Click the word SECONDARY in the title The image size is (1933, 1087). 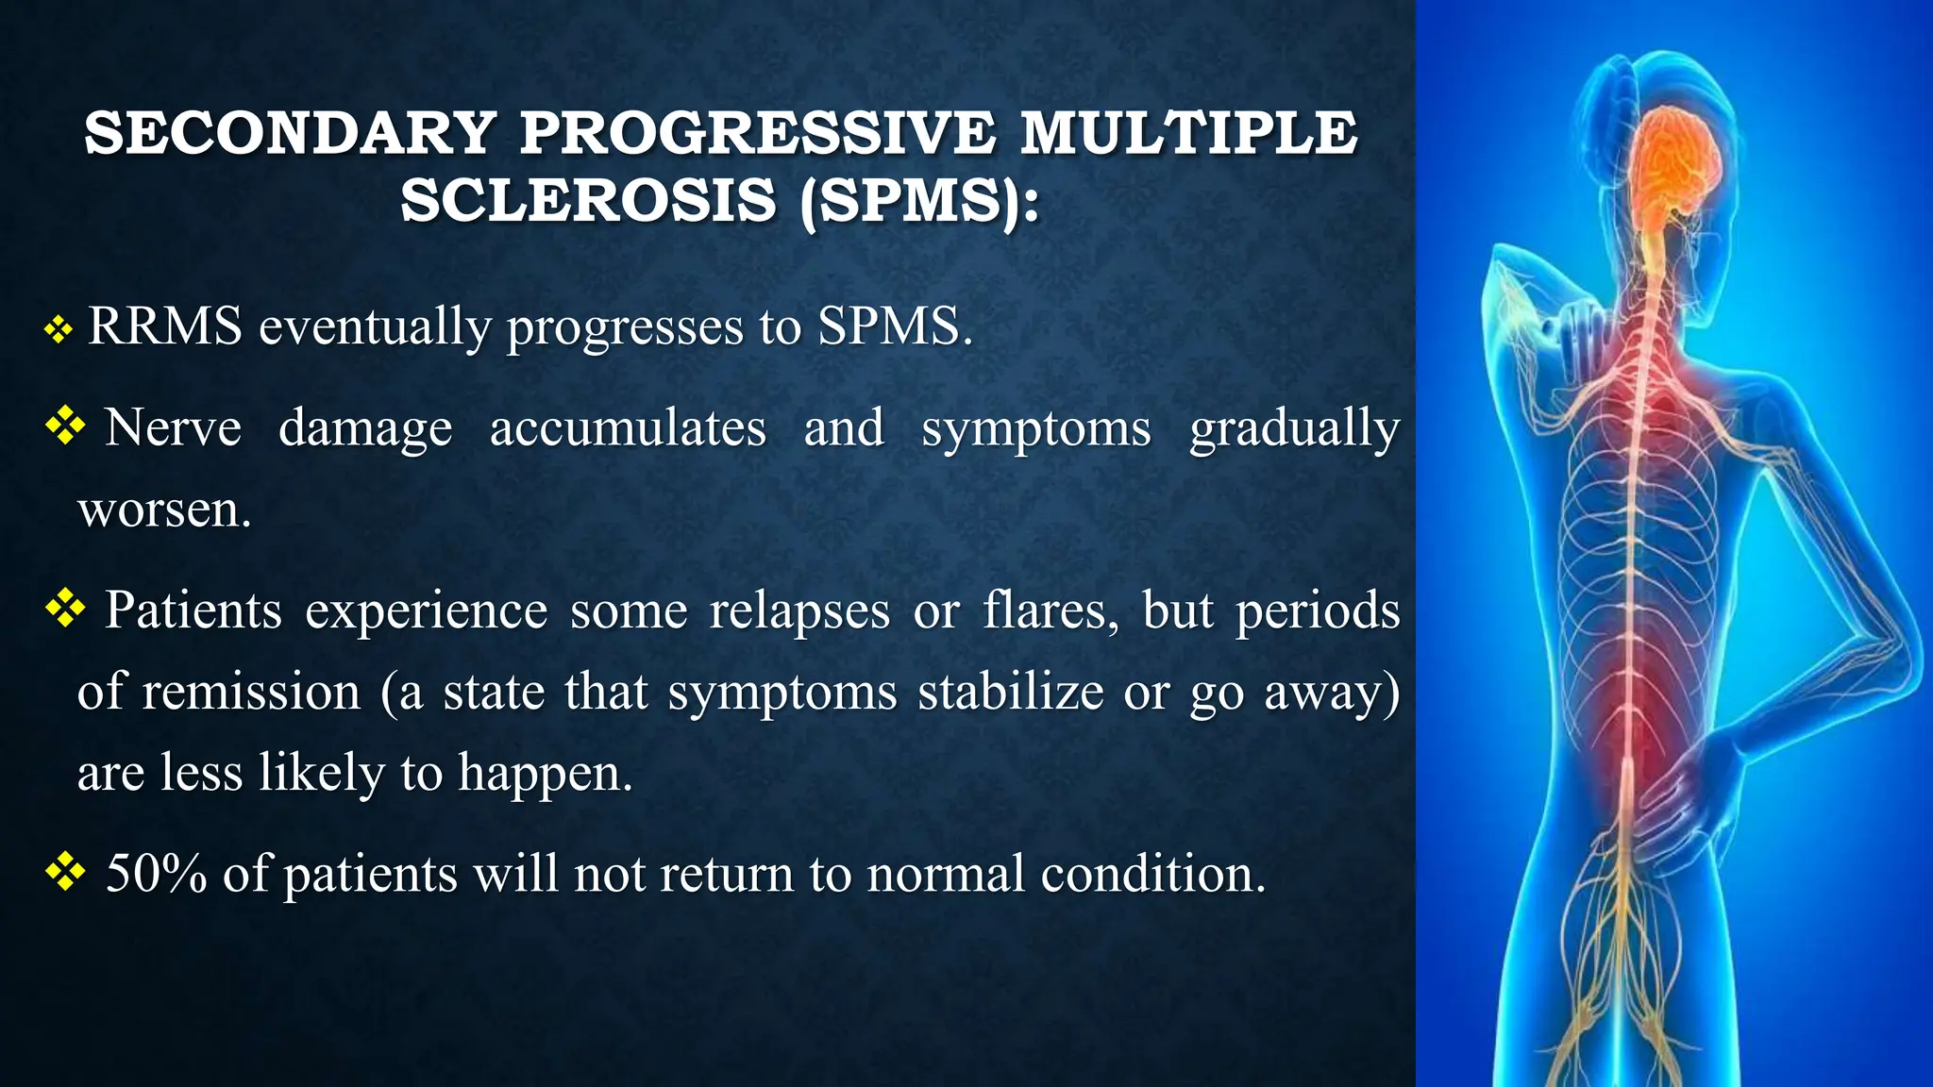[x=290, y=133]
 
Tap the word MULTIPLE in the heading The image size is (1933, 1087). [x=1188, y=133]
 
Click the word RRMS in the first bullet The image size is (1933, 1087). [x=165, y=326]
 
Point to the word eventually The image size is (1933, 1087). [x=375, y=328]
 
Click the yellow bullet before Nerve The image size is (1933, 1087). [x=65, y=426]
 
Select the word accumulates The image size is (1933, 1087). [x=628, y=428]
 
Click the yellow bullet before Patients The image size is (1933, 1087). [x=65, y=608]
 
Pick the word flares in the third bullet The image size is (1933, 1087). [x=1051, y=610]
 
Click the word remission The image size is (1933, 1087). [x=251, y=692]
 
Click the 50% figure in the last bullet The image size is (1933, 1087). [x=156, y=873]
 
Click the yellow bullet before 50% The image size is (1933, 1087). [x=65, y=871]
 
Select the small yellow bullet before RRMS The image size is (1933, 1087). [x=59, y=329]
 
